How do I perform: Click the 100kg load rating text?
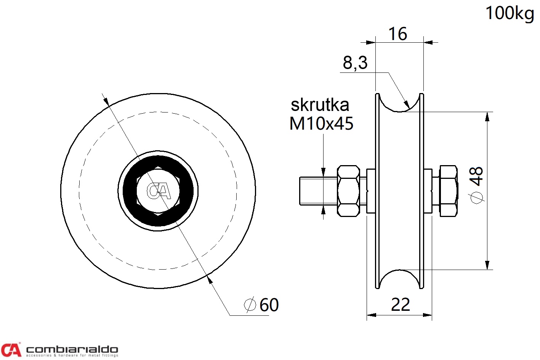click(x=510, y=14)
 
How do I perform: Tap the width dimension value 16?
click(x=398, y=34)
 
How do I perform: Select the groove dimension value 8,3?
click(x=355, y=63)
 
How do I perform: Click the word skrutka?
click(x=320, y=105)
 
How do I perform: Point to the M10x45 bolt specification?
click(x=321, y=124)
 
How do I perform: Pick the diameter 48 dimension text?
click(x=476, y=185)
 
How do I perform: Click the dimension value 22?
click(x=401, y=305)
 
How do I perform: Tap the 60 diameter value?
click(x=269, y=305)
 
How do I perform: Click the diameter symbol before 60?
click(x=250, y=305)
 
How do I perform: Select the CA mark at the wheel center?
click(x=159, y=191)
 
